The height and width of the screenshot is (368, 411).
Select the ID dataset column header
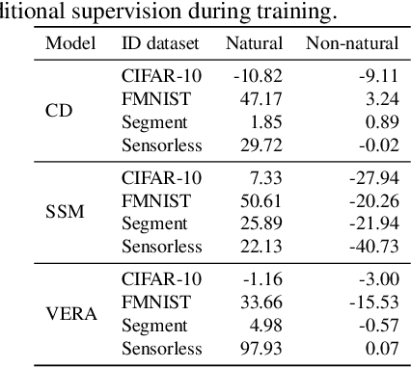pyautogui.click(x=161, y=44)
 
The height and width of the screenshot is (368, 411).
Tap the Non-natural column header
pyautogui.click(x=352, y=44)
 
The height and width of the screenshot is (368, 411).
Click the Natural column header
pyautogui.click(x=254, y=44)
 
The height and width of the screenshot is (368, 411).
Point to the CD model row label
pyautogui.click(x=59, y=110)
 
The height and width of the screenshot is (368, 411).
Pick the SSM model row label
pyautogui.click(x=65, y=212)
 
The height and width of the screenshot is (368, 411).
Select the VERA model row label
pyautogui.click(x=68, y=313)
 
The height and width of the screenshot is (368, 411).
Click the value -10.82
pyautogui.click(x=258, y=75)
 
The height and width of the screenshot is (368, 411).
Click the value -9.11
pyautogui.click(x=377, y=75)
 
